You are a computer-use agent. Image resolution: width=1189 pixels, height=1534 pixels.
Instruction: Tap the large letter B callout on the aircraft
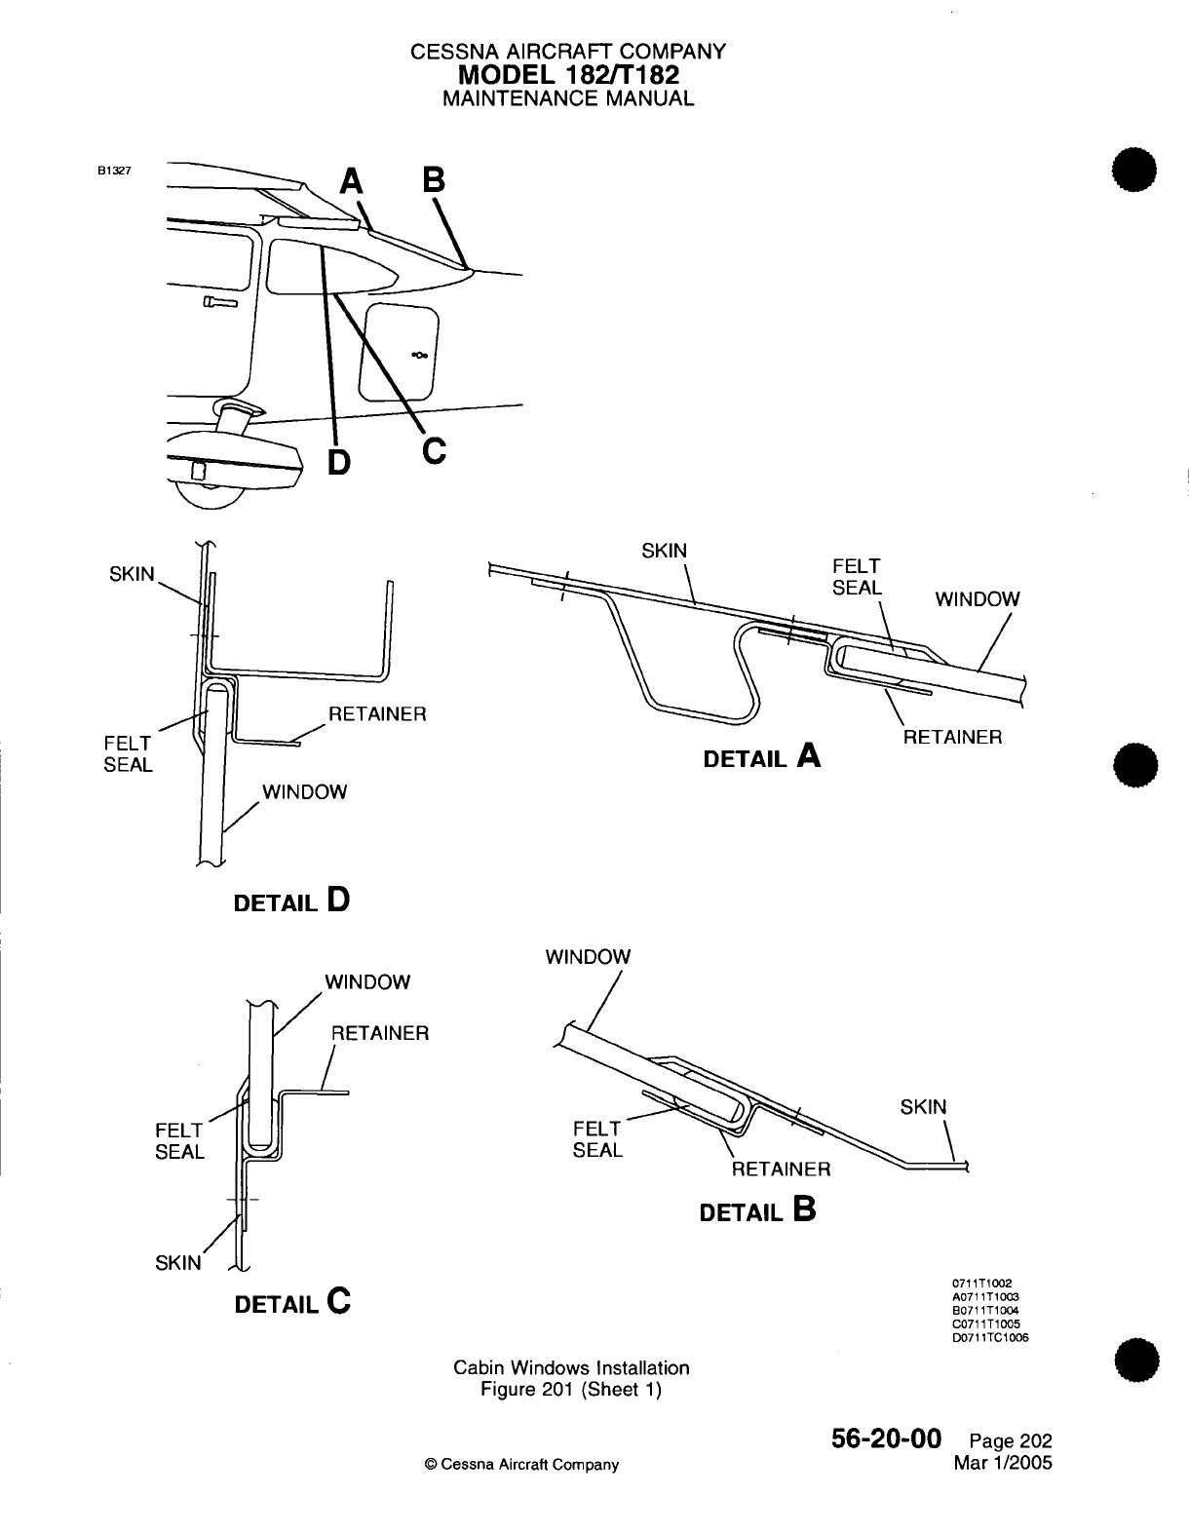click(433, 182)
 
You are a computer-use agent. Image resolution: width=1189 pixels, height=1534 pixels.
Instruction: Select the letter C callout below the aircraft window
click(434, 450)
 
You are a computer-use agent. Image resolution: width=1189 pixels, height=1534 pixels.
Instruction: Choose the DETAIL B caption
click(757, 1210)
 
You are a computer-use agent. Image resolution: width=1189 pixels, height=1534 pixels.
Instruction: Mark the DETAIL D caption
click(291, 901)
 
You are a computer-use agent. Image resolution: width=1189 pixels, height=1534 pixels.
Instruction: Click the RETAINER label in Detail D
click(377, 713)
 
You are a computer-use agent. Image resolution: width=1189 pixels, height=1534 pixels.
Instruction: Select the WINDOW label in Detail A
click(978, 599)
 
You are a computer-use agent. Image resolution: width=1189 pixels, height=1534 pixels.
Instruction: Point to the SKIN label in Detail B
click(923, 1107)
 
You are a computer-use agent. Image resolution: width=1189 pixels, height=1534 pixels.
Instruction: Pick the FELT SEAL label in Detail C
click(180, 1141)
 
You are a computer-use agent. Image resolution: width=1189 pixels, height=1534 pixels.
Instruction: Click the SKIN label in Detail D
click(132, 573)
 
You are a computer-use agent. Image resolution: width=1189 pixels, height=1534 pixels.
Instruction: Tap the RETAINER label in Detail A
click(952, 737)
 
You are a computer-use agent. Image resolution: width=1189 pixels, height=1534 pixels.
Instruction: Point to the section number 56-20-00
click(886, 1440)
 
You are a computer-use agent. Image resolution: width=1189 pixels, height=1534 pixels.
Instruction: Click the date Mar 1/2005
click(1004, 1463)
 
